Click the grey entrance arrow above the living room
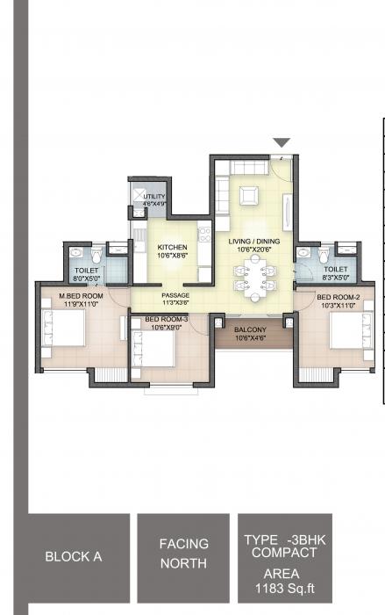click(x=282, y=143)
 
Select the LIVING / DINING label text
click(x=251, y=241)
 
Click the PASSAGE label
click(x=175, y=295)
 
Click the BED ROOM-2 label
click(x=338, y=297)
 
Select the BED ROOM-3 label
click(x=167, y=319)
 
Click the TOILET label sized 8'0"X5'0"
click(x=87, y=271)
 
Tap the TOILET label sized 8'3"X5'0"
click(x=336, y=270)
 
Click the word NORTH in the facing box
click(x=183, y=563)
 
